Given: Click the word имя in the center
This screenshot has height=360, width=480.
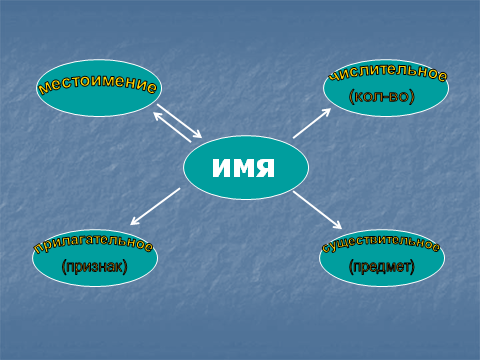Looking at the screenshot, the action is pyautogui.click(x=243, y=167).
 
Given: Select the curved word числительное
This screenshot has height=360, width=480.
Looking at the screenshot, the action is pyautogui.click(x=388, y=71).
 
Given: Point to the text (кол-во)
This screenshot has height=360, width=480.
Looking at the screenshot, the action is pyautogui.click(x=382, y=97).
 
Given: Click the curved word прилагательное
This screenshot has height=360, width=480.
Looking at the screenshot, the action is pyautogui.click(x=93, y=241).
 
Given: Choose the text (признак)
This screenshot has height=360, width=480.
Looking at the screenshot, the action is pyautogui.click(x=95, y=267).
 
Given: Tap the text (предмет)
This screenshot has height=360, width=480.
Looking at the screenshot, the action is pyautogui.click(x=382, y=267).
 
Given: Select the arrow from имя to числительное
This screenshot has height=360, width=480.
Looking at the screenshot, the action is pyautogui.click(x=312, y=123).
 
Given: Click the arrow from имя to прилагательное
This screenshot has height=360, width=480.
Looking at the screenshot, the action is pyautogui.click(x=155, y=206).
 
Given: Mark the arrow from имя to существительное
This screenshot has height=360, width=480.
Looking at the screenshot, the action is pyautogui.click(x=317, y=210).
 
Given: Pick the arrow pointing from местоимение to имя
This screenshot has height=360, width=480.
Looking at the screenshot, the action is pyautogui.click(x=179, y=121).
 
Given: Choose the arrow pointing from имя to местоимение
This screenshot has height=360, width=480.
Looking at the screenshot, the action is pyautogui.click(x=172, y=127).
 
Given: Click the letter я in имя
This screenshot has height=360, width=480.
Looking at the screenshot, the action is pyautogui.click(x=265, y=167).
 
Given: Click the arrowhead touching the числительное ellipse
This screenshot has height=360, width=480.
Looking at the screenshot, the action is pyautogui.click(x=326, y=112).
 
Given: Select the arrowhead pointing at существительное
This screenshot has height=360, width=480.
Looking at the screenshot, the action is pyautogui.click(x=337, y=225).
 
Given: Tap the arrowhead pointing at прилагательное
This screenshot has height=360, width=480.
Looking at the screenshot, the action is pyautogui.click(x=135, y=221).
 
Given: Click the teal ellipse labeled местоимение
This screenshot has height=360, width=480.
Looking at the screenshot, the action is pyautogui.click(x=99, y=88).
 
